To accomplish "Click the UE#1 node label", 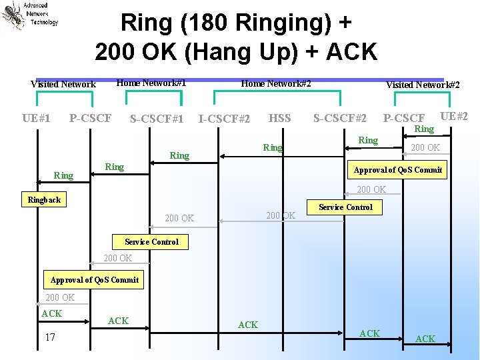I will click(x=36, y=119).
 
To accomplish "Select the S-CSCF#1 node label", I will click(x=157, y=119).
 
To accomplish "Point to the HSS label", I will click(x=279, y=119).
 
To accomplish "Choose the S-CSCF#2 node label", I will click(x=340, y=119).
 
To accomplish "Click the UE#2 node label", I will click(x=454, y=116).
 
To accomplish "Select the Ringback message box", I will click(x=44, y=200).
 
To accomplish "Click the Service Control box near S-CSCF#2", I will click(x=345, y=207).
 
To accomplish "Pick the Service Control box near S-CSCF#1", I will click(x=151, y=242).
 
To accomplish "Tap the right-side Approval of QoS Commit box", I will click(x=398, y=170).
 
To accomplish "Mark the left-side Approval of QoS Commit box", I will click(x=95, y=280).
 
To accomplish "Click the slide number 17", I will click(x=50, y=337).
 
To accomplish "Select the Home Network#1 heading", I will click(x=151, y=83).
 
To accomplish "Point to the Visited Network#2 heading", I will click(x=423, y=85).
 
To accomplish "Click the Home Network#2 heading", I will click(x=276, y=83).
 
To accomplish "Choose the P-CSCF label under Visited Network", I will click(x=91, y=119).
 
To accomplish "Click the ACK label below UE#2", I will click(x=425, y=339).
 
